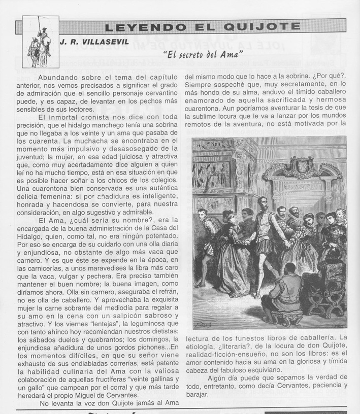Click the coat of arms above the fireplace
click(x=304, y=165)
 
